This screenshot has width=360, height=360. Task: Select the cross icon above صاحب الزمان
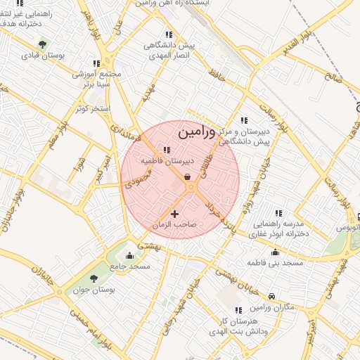coord(175,213)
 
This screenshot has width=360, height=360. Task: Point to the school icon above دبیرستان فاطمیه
coord(167,150)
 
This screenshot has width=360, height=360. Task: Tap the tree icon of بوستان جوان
coord(94,280)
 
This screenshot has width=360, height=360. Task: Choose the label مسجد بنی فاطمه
coord(274,263)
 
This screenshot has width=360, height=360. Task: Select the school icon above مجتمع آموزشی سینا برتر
coord(96,63)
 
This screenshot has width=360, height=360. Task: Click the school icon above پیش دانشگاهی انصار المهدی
coord(167,34)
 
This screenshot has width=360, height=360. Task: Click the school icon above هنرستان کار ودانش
coord(238,309)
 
